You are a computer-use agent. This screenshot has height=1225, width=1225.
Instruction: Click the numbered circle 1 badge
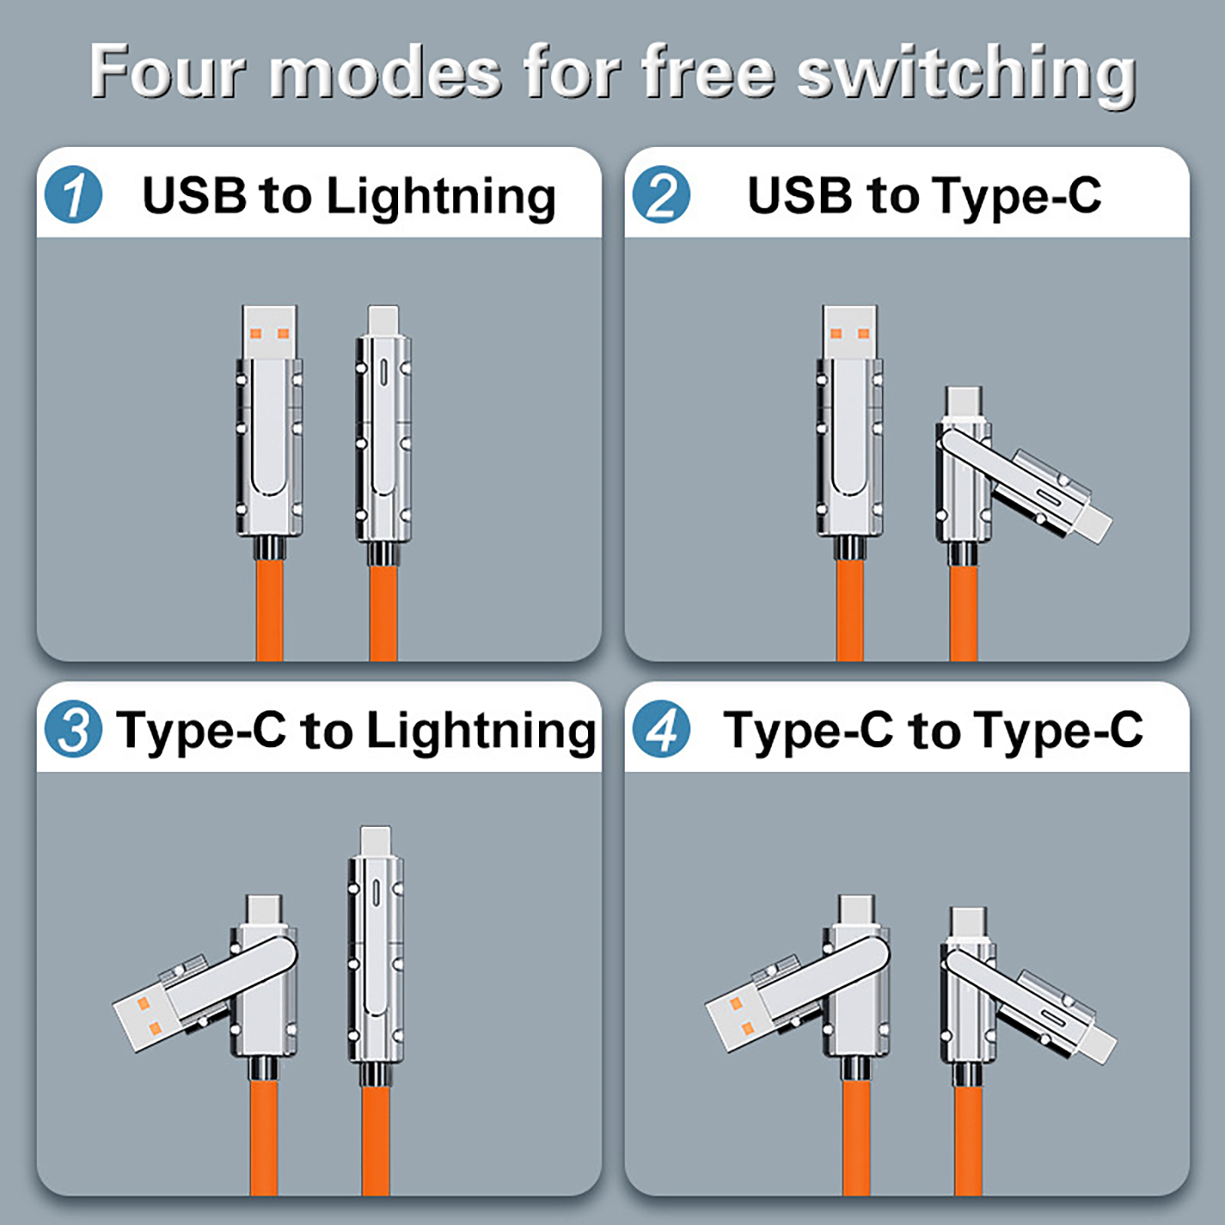pyautogui.click(x=73, y=194)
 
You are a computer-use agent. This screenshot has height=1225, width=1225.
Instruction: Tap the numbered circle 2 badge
pyautogui.click(x=661, y=194)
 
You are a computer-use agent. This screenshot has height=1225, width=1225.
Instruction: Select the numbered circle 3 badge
pyautogui.click(x=73, y=729)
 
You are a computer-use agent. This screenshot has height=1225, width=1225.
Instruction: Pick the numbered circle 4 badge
pyautogui.click(x=661, y=729)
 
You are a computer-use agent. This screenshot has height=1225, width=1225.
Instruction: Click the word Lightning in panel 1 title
pyautogui.click(x=441, y=198)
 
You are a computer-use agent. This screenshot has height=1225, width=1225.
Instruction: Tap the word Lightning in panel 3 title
pyautogui.click(x=482, y=732)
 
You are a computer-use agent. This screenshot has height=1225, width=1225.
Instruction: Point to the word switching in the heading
pyautogui.click(x=966, y=74)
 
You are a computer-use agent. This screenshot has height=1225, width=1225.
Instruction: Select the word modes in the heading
pyautogui.click(x=386, y=73)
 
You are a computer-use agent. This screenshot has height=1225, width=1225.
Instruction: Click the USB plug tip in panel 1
pyautogui.click(x=269, y=332)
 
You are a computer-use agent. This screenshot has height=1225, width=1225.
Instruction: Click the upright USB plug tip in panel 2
pyautogui.click(x=850, y=332)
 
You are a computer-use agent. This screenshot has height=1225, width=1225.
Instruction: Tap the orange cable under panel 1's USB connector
pyautogui.click(x=269, y=609)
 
